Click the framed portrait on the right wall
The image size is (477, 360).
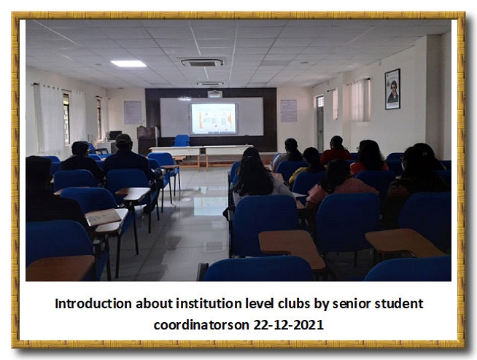(392, 89)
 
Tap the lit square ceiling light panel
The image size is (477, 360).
(128, 63)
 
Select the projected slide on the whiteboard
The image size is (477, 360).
(214, 119)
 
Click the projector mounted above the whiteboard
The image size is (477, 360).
(214, 94)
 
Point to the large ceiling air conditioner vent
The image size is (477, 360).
(202, 63)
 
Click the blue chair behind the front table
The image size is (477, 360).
(182, 141)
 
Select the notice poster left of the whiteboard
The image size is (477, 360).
(133, 112)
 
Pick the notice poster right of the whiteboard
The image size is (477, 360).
(288, 110)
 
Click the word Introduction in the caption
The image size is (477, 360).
(93, 303)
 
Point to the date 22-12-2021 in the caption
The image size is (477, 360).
(288, 325)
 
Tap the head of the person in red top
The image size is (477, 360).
(337, 142)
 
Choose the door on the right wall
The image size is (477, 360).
(320, 123)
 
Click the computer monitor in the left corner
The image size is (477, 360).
(115, 136)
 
